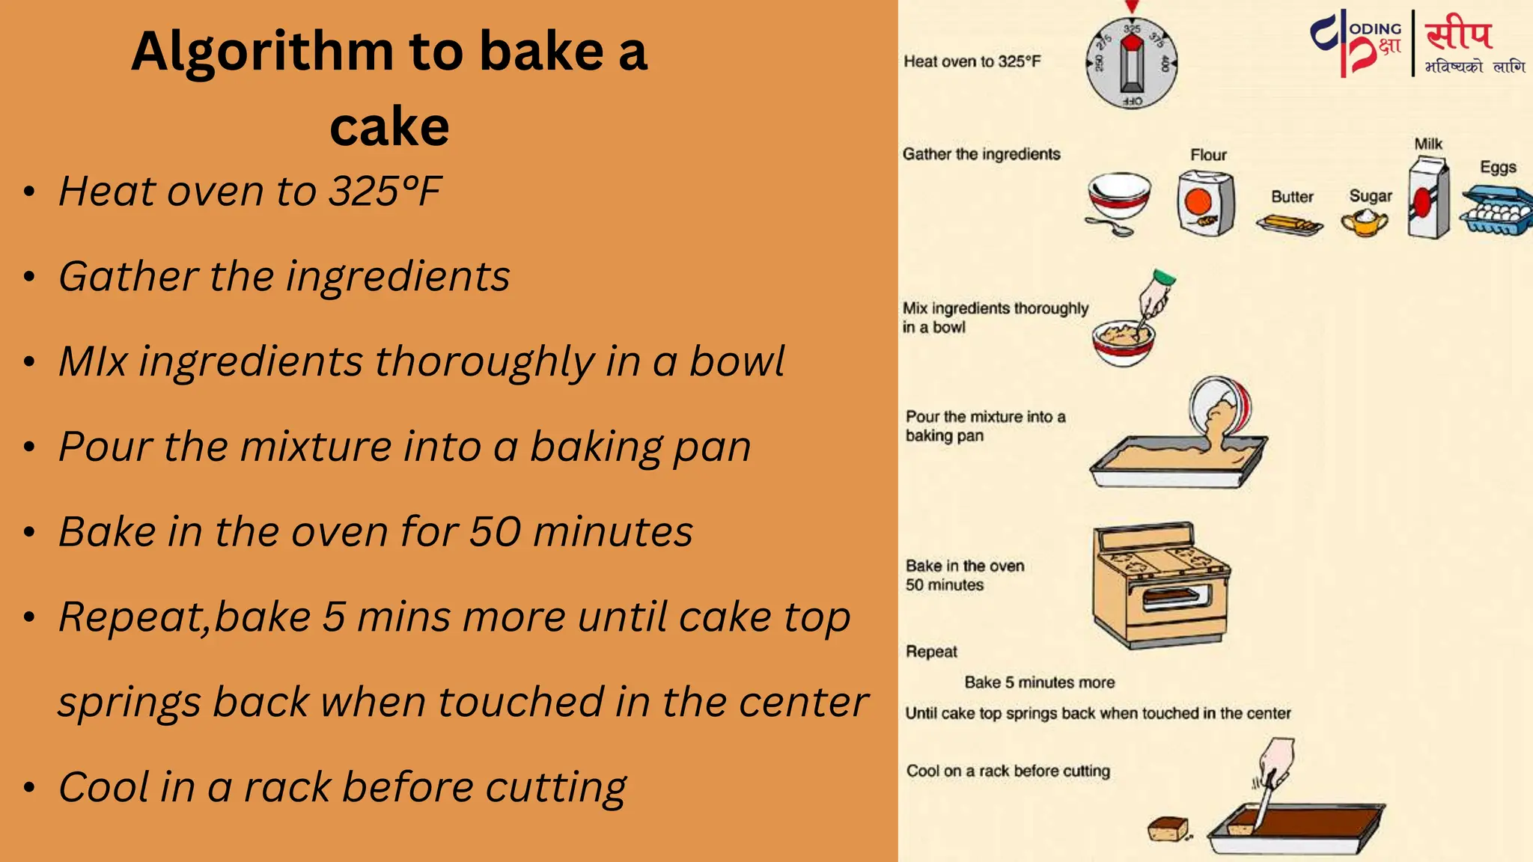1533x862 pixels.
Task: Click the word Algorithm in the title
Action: tap(262, 52)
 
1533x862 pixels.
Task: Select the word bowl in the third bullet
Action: tap(737, 362)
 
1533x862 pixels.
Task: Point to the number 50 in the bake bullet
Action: tap(495, 532)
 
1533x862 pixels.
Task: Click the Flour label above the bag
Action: tap(1208, 155)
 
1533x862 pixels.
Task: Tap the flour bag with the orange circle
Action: tap(1204, 204)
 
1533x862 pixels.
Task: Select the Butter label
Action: tap(1292, 197)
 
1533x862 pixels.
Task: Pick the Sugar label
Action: tap(1371, 196)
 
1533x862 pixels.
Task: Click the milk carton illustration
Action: tap(1428, 199)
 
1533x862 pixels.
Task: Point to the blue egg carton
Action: tap(1495, 213)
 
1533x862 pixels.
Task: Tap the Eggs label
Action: tap(1498, 167)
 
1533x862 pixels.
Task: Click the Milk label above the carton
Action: tap(1428, 144)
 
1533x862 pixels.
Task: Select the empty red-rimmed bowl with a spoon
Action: tap(1118, 201)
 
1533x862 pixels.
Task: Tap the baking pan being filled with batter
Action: tap(1177, 462)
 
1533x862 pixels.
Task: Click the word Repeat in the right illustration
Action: tap(931, 652)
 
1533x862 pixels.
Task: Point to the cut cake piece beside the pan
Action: tap(1168, 828)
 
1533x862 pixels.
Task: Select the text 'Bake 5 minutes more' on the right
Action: tap(1039, 682)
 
